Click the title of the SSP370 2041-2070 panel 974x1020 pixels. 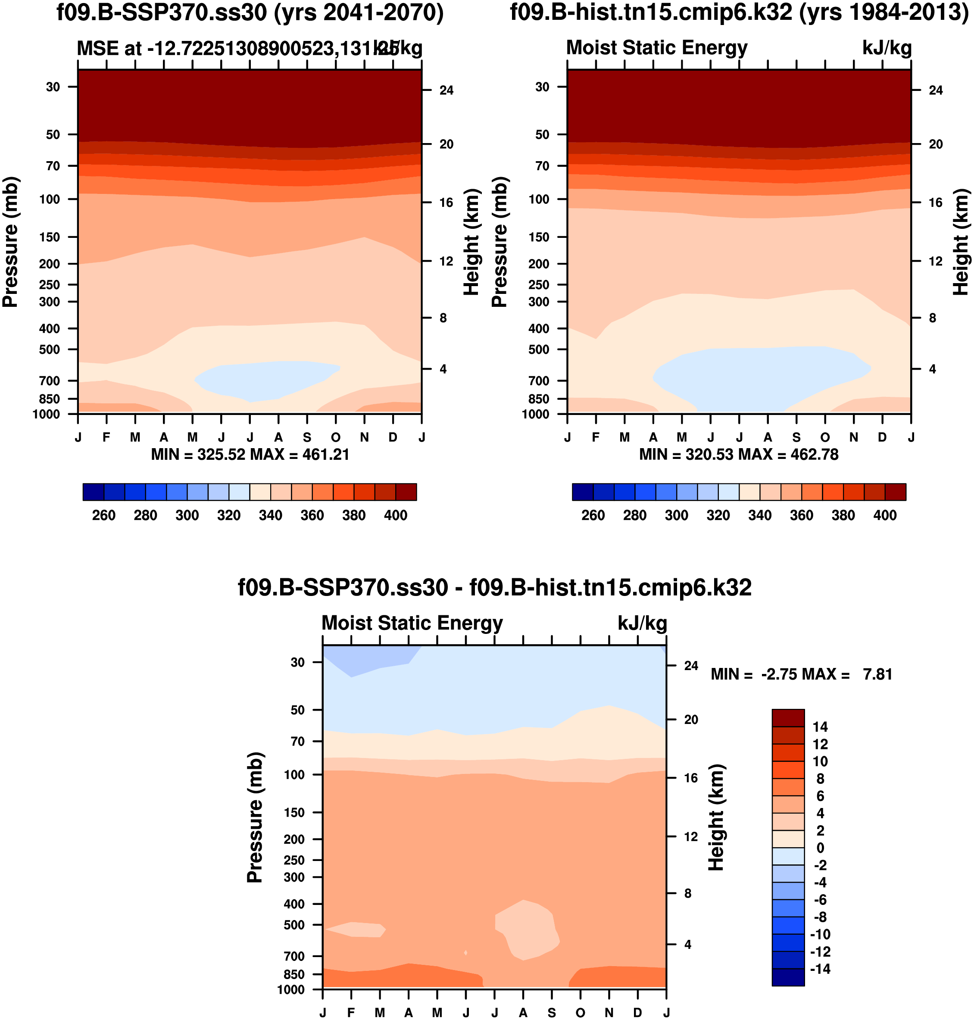coord(250,12)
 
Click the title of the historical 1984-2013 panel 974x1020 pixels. coord(739,12)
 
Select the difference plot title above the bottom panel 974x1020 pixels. coord(494,588)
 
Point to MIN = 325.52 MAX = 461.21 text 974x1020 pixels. coord(250,455)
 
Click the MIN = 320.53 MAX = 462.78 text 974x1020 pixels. coord(738,455)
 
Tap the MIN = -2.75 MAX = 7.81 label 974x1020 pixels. coord(801,674)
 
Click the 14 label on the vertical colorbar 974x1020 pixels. coord(820,727)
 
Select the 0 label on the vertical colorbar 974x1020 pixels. coord(820,848)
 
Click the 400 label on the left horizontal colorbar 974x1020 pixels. coord(396,515)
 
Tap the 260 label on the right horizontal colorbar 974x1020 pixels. coord(593,515)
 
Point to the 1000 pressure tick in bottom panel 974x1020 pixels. coord(291,989)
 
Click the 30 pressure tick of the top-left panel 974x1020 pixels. coord(53,87)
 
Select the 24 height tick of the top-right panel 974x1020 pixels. coord(936,90)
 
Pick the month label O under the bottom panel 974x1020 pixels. coord(581,1013)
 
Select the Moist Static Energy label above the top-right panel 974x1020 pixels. coord(656,48)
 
